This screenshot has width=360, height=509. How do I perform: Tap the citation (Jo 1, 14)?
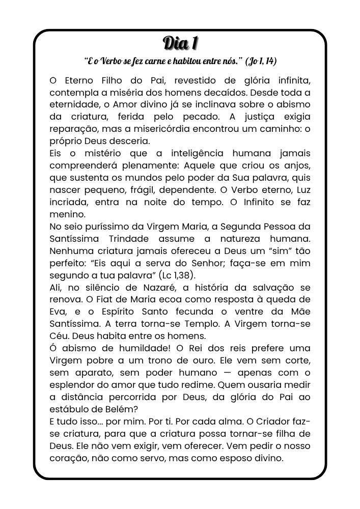(261, 62)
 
